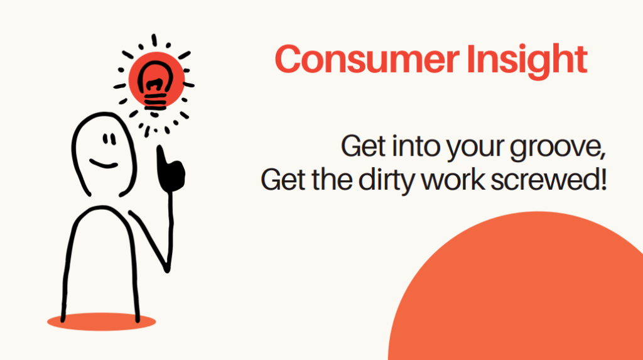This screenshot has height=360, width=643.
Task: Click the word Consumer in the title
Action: pos(367,59)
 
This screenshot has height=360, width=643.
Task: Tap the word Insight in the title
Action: pos(527,61)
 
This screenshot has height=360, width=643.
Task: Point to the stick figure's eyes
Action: pos(109,139)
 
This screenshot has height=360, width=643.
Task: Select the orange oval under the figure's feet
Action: pos(101,322)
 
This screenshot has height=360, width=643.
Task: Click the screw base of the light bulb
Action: pos(155,101)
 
